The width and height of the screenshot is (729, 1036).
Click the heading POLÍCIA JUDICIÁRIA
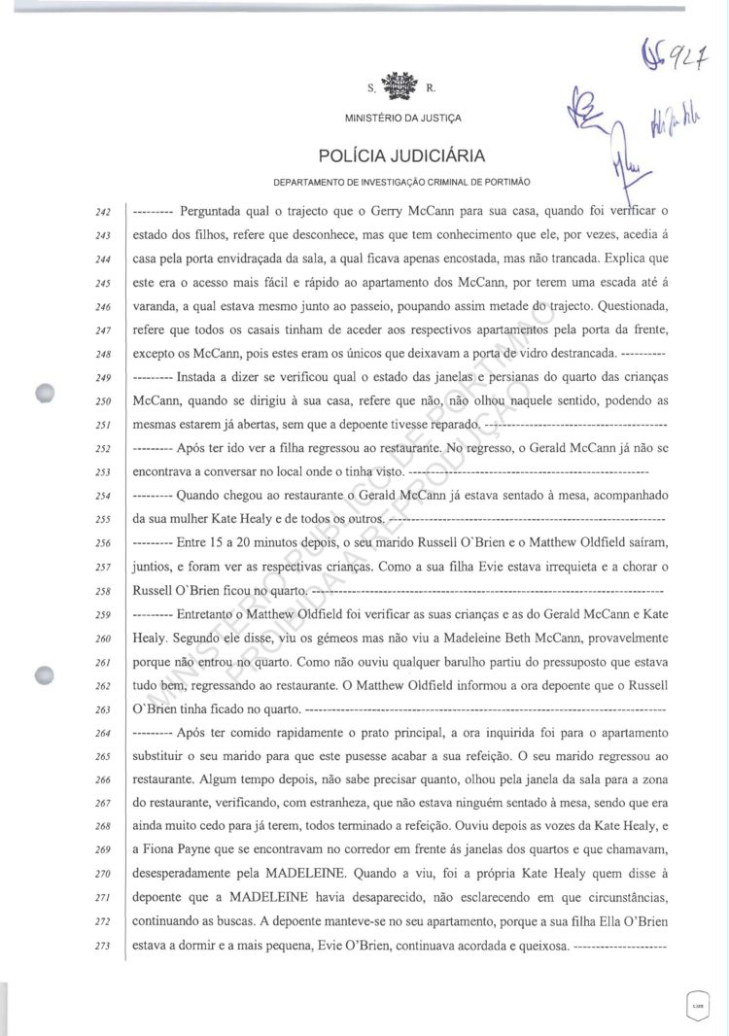point(401,155)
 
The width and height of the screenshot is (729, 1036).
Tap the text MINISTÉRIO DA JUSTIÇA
point(402,119)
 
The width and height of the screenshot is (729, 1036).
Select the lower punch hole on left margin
point(45,676)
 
